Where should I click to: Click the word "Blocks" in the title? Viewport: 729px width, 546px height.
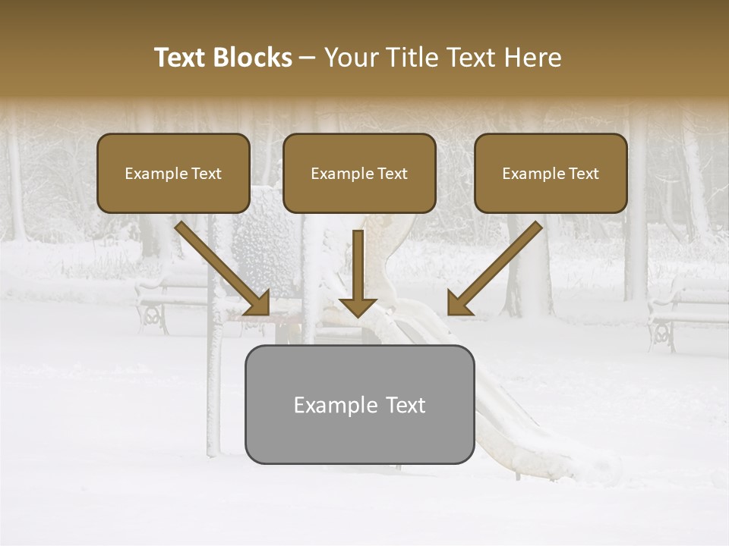[254, 58]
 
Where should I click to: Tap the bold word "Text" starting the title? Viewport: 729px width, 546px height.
[181, 58]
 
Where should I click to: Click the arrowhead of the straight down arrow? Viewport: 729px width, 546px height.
[358, 306]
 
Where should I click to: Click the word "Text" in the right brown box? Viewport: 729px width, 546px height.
[583, 174]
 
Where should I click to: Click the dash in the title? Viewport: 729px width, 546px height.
[308, 58]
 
